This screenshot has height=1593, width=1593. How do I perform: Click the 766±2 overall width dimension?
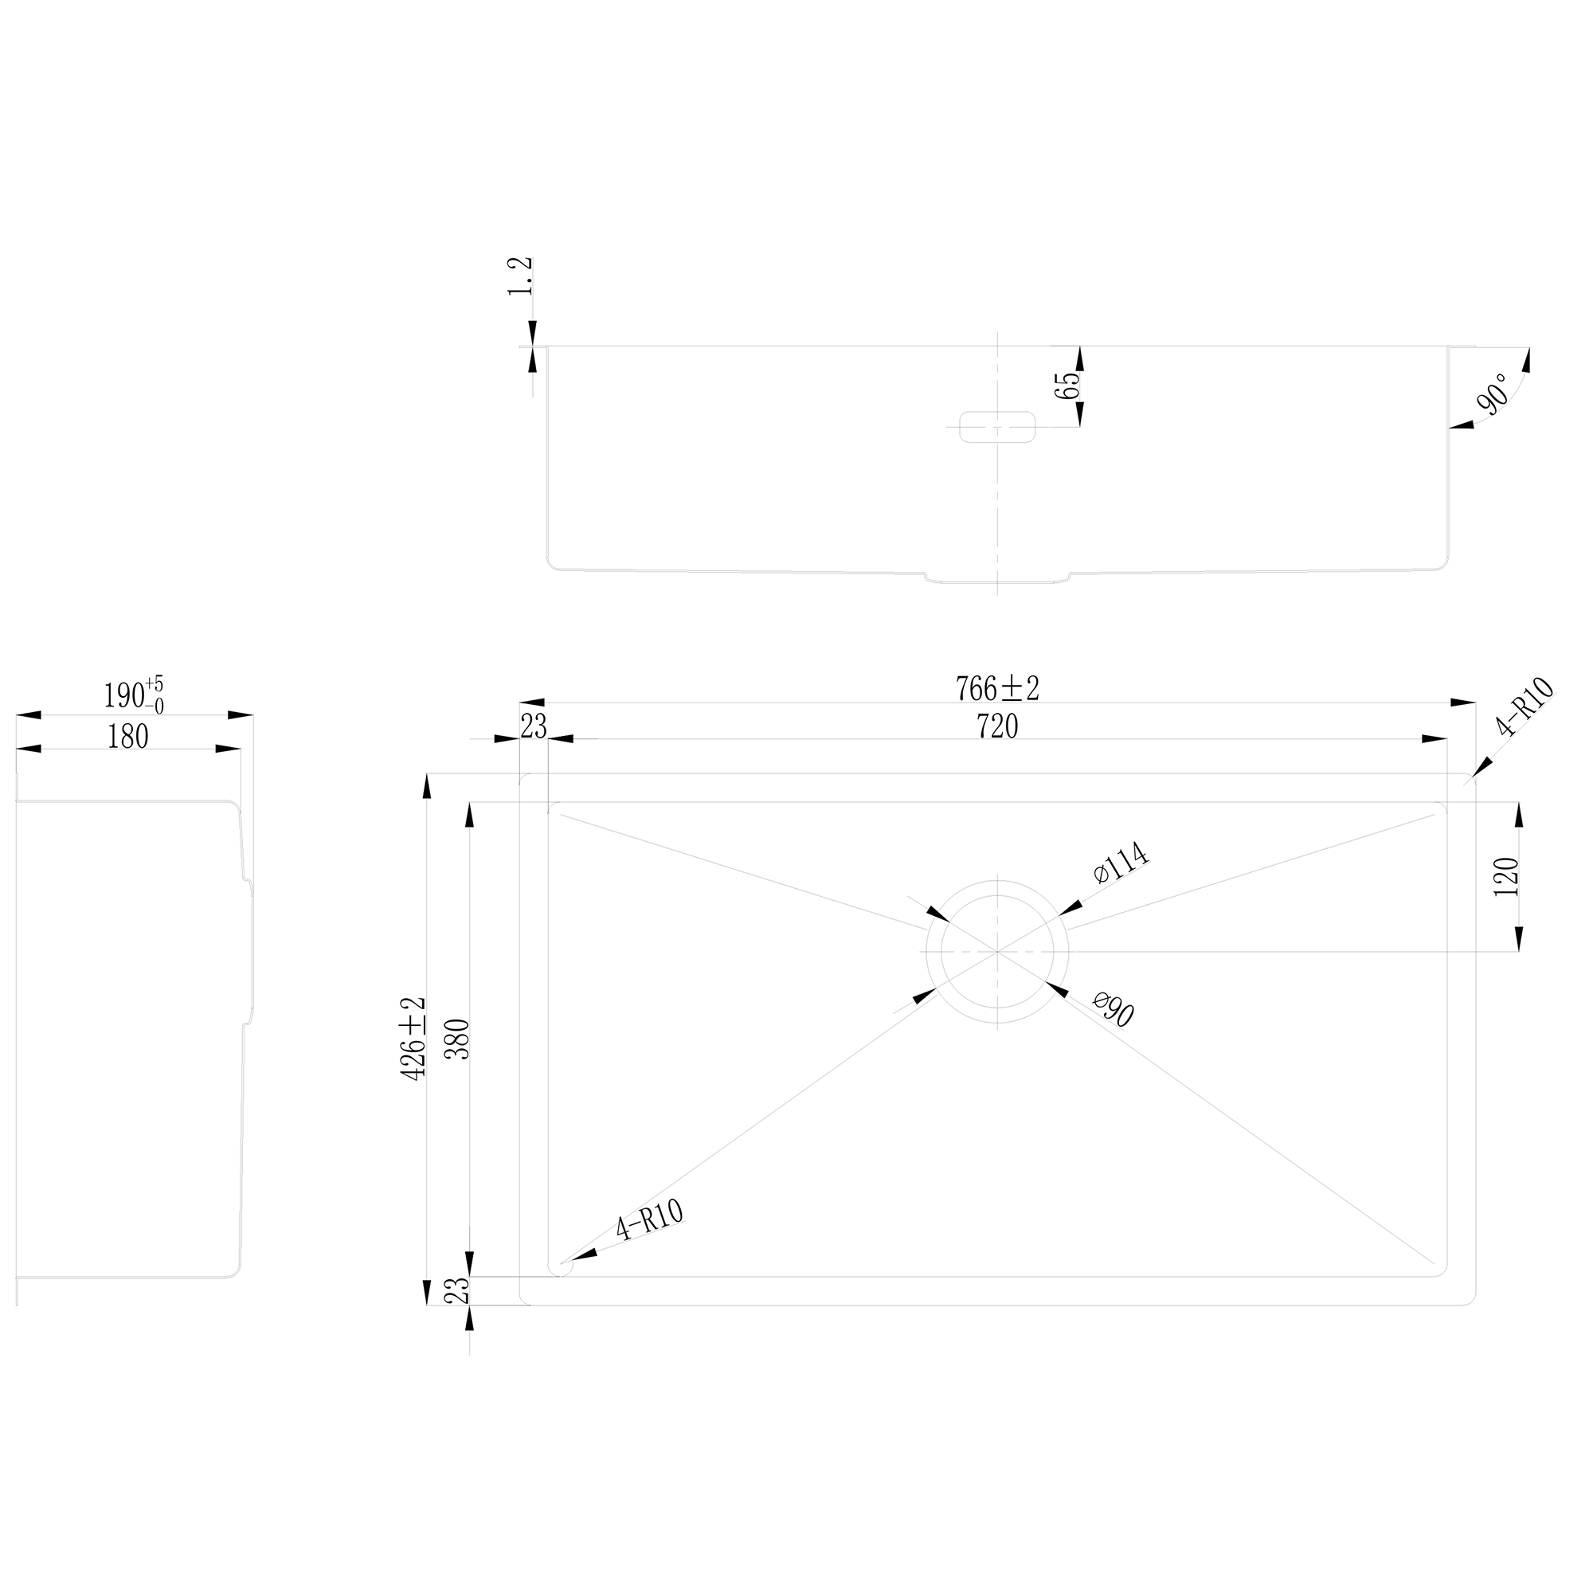(997, 687)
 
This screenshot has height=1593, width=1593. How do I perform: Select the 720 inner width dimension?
(997, 726)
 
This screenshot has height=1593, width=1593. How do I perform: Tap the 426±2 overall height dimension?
(413, 1038)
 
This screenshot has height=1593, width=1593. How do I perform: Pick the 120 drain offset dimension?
(1505, 876)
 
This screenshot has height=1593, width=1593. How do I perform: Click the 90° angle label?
(1493, 393)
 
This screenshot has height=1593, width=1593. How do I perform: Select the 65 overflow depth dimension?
(1067, 386)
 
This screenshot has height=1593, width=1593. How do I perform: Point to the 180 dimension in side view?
(127, 736)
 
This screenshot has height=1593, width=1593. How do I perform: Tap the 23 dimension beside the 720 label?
(534, 726)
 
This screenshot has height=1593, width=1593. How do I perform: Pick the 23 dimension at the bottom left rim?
(456, 1290)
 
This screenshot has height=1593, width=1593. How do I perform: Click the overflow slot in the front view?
(997, 427)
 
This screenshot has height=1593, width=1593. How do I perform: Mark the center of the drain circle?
(997, 952)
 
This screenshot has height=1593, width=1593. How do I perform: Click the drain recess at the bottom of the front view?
(997, 578)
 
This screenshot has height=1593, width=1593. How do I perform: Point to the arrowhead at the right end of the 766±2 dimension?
(1463, 703)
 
